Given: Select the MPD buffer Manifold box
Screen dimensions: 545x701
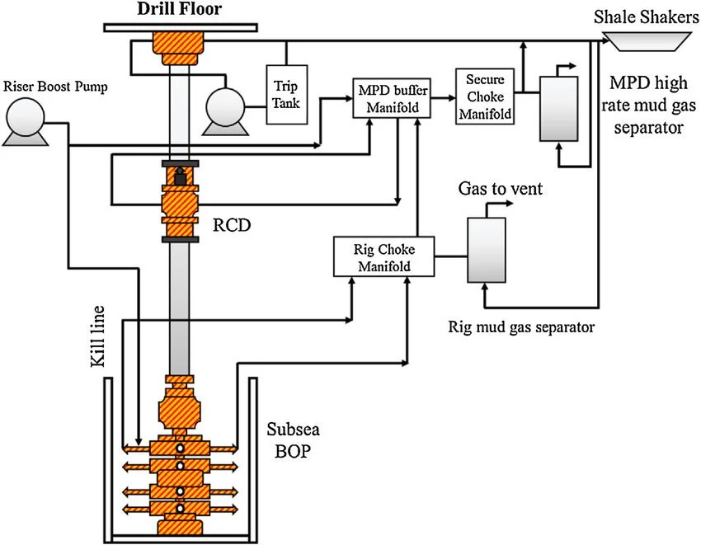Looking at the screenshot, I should [x=388, y=96].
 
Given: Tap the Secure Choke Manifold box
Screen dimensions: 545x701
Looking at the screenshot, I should [x=485, y=96].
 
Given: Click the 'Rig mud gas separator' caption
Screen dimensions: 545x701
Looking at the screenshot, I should [x=521, y=327].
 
